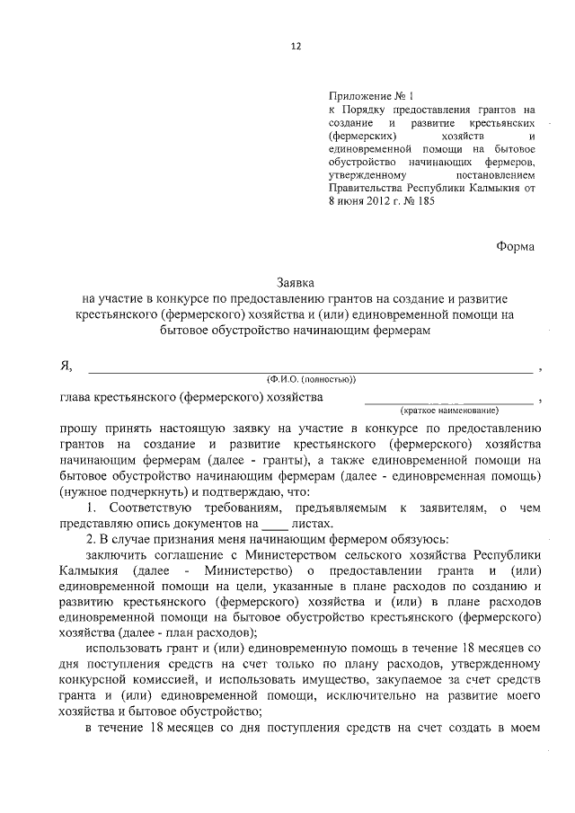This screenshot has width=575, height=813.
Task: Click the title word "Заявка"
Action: [296, 282]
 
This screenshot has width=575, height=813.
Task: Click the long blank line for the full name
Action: [309, 368]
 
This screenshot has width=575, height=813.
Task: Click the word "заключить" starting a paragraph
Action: [118, 557]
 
